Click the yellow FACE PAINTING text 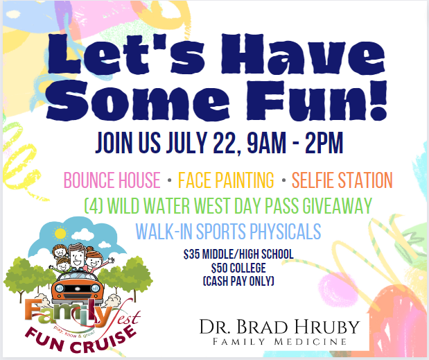click(x=226, y=182)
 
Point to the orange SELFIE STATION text click(x=342, y=182)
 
